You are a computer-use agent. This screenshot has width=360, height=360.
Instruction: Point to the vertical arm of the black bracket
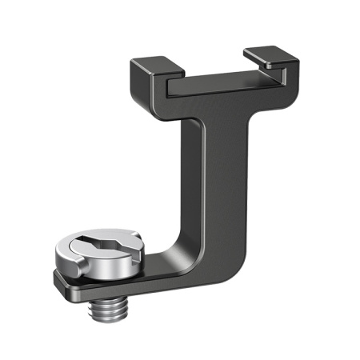click(x=206, y=176)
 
